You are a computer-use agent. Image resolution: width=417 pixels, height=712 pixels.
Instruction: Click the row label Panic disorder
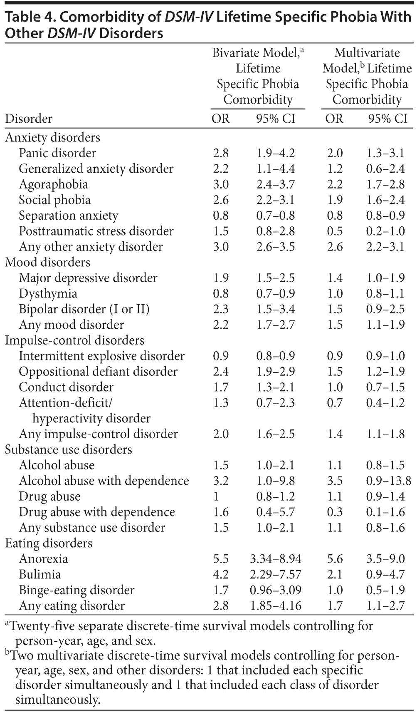pos(57,153)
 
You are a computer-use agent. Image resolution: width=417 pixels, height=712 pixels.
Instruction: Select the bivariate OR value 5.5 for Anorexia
pos(220,559)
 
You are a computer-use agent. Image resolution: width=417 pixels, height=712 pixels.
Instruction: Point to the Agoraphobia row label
pos(53,184)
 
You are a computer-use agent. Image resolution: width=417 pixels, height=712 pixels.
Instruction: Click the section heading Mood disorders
pos(47,263)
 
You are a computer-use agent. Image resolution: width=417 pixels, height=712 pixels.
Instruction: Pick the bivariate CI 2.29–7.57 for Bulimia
pos(276,575)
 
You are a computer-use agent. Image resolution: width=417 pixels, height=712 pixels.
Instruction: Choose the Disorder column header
pos(29,119)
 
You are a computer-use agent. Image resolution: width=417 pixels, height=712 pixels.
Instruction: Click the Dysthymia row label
pos(48,294)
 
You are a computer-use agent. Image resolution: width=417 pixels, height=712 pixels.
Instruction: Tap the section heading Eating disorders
pos(48,543)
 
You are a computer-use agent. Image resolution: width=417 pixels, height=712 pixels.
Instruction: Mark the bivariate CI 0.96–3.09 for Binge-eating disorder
pos(276,590)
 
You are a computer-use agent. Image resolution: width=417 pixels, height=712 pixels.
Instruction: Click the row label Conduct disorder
pos(66,387)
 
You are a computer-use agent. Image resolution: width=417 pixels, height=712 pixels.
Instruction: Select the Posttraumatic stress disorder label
pos(96,231)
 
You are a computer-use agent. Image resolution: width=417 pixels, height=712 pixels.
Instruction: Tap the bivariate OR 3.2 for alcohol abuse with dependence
pos(220,481)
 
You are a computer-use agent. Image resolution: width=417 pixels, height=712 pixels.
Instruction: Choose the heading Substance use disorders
pos(68,450)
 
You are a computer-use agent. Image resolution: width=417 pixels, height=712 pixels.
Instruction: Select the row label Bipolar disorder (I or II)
pos(84,309)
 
